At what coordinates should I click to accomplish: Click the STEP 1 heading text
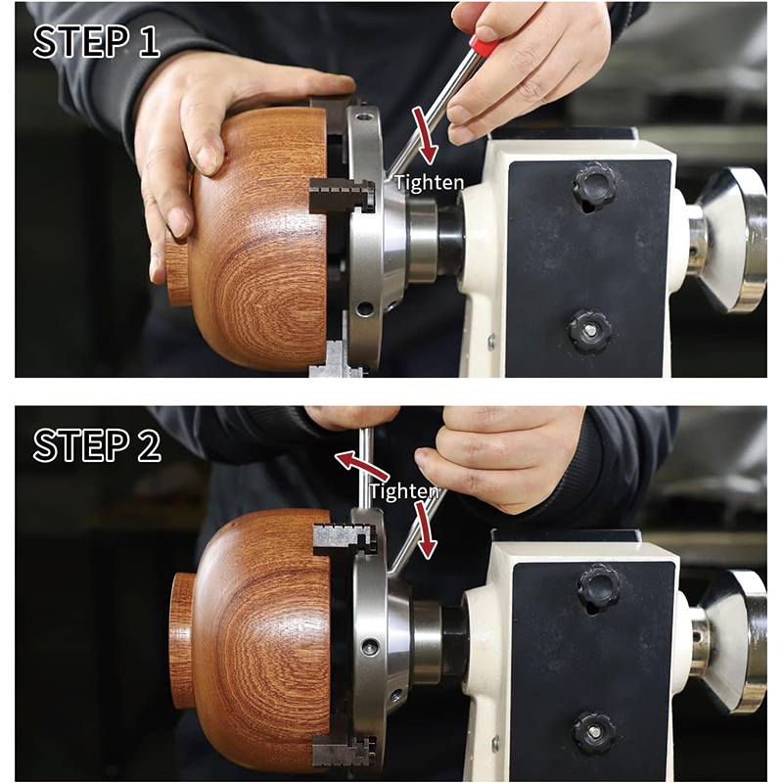click(x=96, y=42)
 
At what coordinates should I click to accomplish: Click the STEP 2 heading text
click(x=97, y=444)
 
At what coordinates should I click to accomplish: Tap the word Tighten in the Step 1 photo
click(x=429, y=181)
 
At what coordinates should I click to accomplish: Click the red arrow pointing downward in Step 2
click(x=427, y=533)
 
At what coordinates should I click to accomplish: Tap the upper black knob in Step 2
click(x=598, y=587)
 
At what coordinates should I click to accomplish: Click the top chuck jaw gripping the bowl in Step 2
click(x=344, y=537)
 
